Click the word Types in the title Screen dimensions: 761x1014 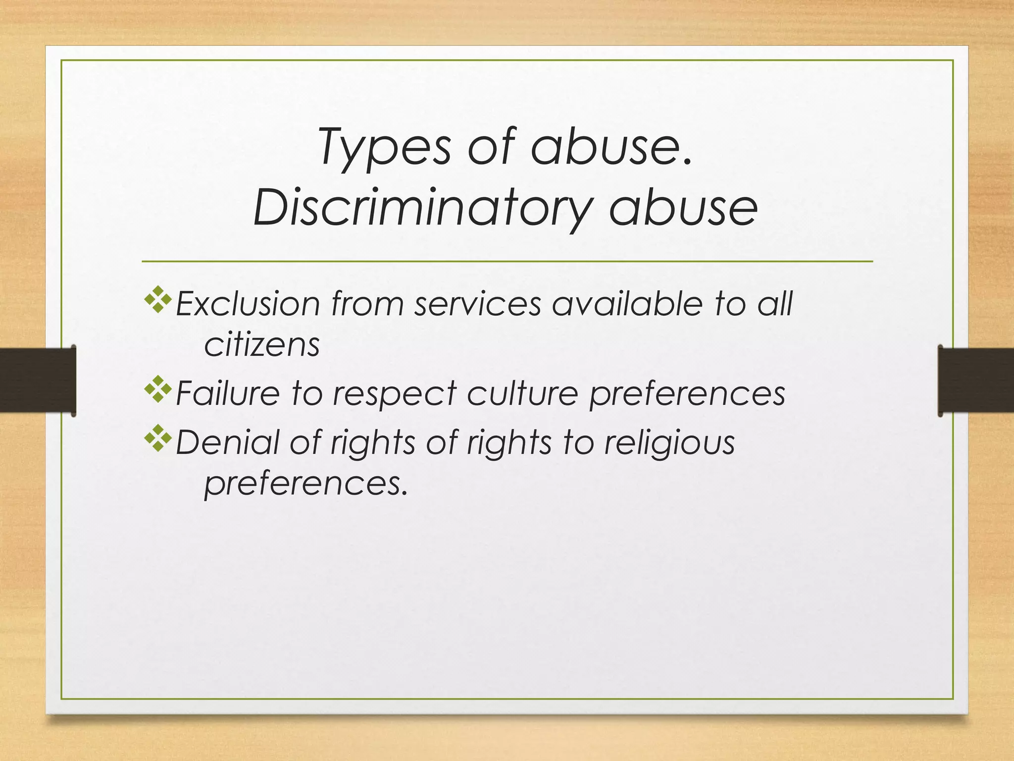click(x=384, y=147)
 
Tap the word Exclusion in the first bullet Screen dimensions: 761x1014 click(x=248, y=304)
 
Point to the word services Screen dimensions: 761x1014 click(x=478, y=304)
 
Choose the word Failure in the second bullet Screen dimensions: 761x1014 click(x=228, y=393)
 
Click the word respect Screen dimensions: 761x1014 click(x=394, y=393)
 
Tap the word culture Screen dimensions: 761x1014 click(x=522, y=393)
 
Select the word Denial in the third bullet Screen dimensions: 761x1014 click(x=227, y=442)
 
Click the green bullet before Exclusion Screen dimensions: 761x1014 click(x=158, y=300)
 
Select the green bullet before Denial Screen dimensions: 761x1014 click(x=158, y=438)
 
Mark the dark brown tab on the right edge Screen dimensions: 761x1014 click(x=975, y=380)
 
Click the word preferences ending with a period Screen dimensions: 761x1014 click(x=305, y=484)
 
